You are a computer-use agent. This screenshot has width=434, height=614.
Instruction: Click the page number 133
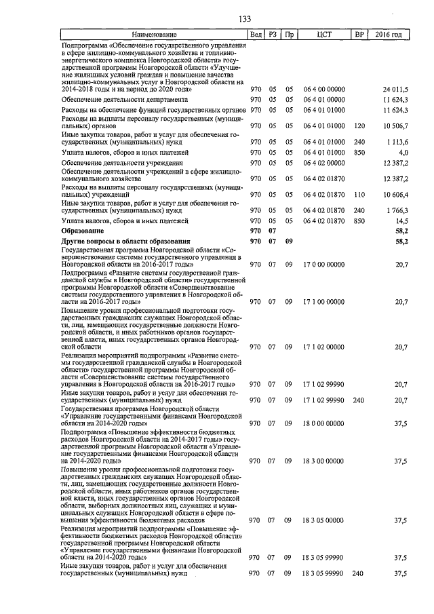pyautogui.click(x=245, y=18)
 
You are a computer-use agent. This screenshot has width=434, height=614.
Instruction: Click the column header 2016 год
pyautogui.click(x=389, y=35)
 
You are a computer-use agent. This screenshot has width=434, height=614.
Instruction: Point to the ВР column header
pyautogui.click(x=359, y=35)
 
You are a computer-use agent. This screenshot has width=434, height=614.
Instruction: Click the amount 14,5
pyautogui.click(x=400, y=221)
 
